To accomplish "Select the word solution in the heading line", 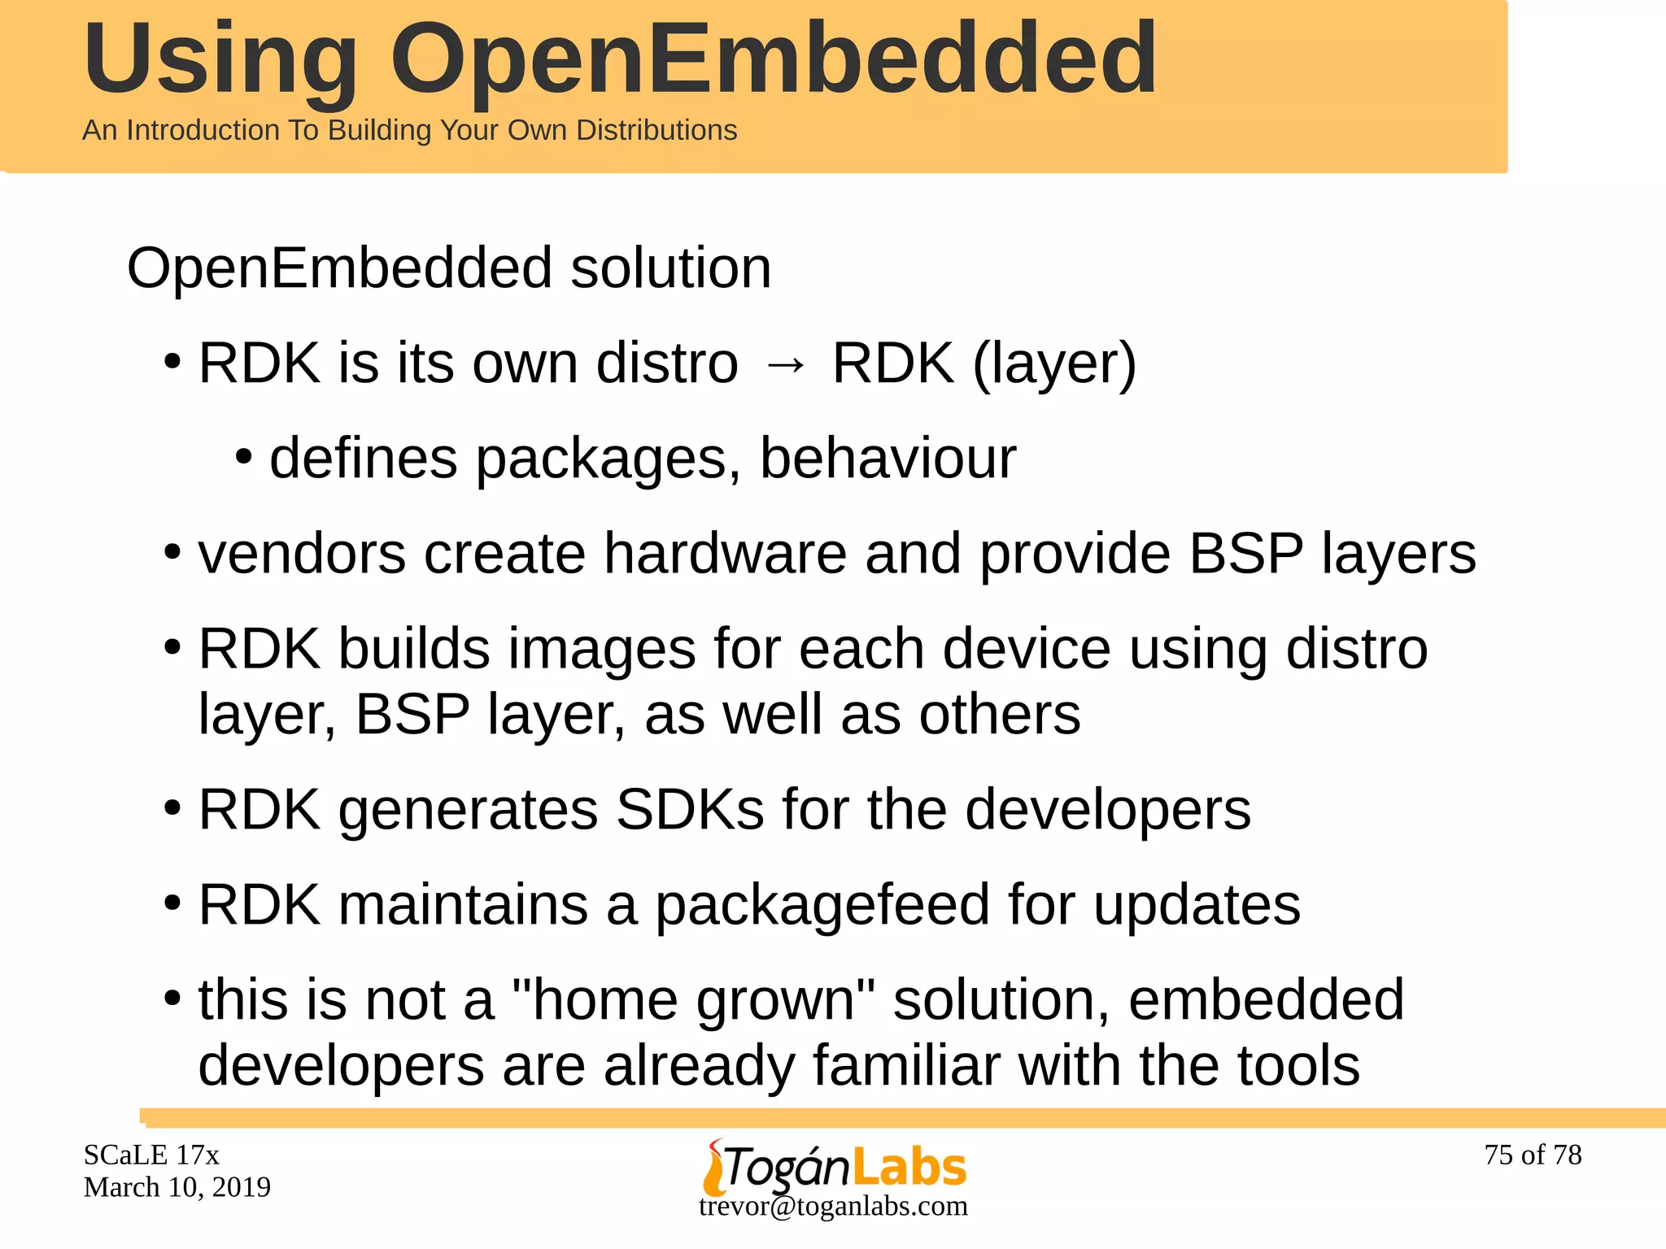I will (x=670, y=268).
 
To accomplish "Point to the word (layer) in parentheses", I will (x=1054, y=363).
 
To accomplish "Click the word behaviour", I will (x=888, y=459).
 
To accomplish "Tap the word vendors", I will (x=302, y=554).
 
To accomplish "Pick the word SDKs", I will (x=690, y=810).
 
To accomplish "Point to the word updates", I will (x=1197, y=905).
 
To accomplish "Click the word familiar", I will (x=906, y=1065).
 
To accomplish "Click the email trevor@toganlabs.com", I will (x=833, y=1206).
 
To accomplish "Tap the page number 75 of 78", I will (x=1533, y=1155).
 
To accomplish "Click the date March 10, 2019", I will (x=177, y=1187).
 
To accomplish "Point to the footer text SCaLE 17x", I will (x=151, y=1155).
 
